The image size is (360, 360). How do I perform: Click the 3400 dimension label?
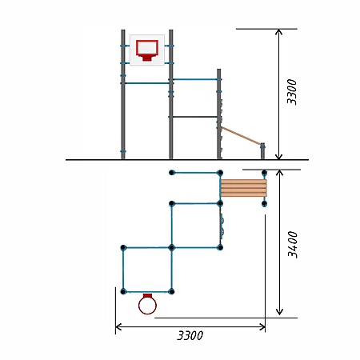coord(293,244)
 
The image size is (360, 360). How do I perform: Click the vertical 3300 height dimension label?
coord(291,92)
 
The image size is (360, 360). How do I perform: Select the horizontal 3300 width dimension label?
coord(190,335)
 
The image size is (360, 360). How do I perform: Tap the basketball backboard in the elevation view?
coord(147,50)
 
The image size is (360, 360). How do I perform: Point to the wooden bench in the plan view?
coord(244,188)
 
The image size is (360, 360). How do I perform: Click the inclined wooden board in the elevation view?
coord(241,136)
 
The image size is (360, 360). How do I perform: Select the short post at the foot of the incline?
coord(262,151)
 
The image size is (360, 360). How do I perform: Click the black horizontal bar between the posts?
coord(195,117)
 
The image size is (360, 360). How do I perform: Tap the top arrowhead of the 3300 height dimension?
coord(278,30)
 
